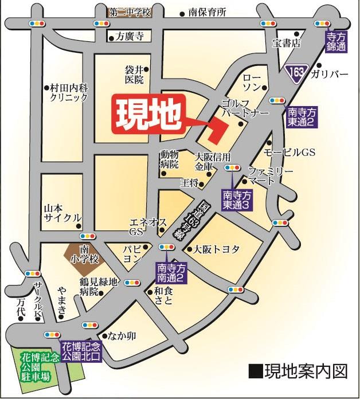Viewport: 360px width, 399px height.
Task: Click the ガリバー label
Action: pos(330,75)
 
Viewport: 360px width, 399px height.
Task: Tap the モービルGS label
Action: pos(289,152)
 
